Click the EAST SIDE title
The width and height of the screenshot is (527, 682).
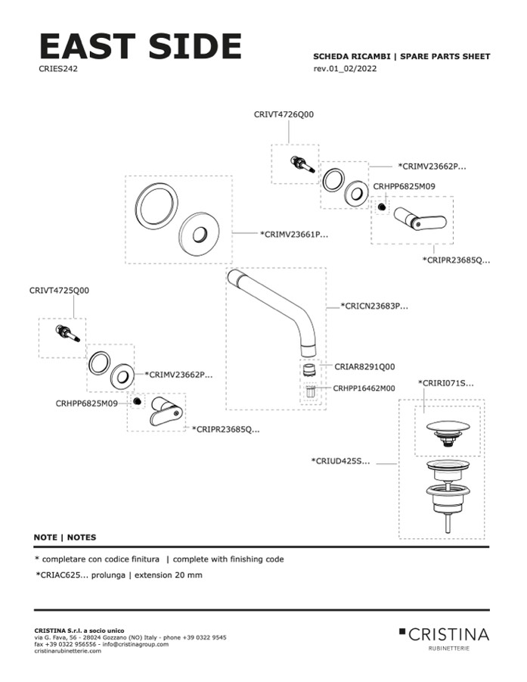(x=140, y=47)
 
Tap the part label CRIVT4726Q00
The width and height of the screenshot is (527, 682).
(x=284, y=114)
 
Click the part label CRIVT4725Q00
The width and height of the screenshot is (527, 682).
(x=59, y=290)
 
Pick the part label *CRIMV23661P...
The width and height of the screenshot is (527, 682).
(x=294, y=235)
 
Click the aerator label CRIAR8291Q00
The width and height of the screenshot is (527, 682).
(x=364, y=366)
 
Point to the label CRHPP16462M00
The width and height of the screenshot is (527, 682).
(x=364, y=388)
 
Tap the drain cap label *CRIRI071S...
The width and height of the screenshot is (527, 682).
(x=446, y=385)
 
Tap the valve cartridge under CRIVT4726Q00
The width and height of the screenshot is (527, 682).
(x=302, y=164)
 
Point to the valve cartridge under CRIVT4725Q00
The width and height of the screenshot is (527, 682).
(x=67, y=333)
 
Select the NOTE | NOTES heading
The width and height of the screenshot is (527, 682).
(x=65, y=537)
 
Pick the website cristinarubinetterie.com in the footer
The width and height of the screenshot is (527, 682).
(x=68, y=651)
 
